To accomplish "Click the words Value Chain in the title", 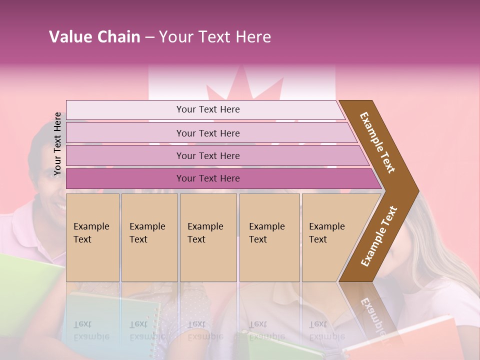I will tap(94, 37).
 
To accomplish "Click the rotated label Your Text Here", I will tap(58, 144).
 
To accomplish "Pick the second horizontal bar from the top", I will tap(208, 133).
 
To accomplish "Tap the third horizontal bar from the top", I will tap(208, 155).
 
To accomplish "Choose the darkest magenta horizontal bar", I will tap(208, 178).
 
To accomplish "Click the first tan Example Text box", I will tap(92, 237).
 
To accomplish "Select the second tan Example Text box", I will tap(149, 237).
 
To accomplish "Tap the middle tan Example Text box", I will tap(208, 237).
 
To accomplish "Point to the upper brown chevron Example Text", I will tap(378, 142).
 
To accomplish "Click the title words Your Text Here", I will tap(215, 37).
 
